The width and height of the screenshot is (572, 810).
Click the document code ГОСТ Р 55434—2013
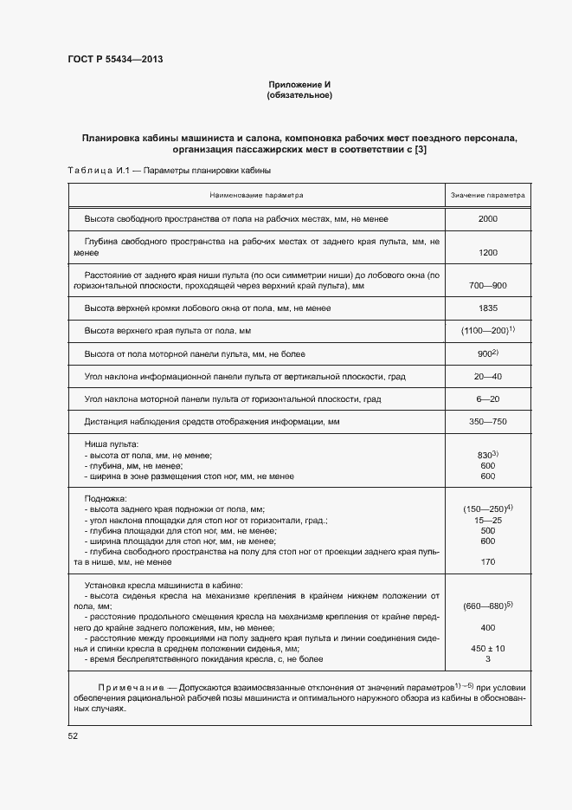click(x=114, y=59)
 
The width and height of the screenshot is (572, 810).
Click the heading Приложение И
click(x=300, y=84)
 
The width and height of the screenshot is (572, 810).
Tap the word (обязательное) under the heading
click(x=300, y=94)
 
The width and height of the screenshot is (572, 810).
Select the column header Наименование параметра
click(x=255, y=196)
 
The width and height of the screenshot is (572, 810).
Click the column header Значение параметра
click(x=487, y=196)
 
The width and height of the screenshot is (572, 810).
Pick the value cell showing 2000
click(x=487, y=219)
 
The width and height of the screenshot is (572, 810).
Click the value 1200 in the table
click(x=487, y=253)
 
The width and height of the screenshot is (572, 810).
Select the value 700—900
click(x=487, y=286)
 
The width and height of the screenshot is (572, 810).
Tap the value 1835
click(x=487, y=308)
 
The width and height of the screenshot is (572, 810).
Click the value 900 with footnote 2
click(x=488, y=353)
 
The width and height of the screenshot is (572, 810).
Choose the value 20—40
click(x=487, y=377)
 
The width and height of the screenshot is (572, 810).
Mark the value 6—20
click(x=487, y=399)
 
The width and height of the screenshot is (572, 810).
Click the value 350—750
click(x=487, y=422)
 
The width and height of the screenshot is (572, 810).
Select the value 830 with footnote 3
click(x=488, y=455)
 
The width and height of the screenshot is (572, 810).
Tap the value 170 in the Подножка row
click(x=487, y=562)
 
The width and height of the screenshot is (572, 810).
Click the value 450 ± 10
click(x=487, y=648)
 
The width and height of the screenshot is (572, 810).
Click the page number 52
click(x=73, y=735)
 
